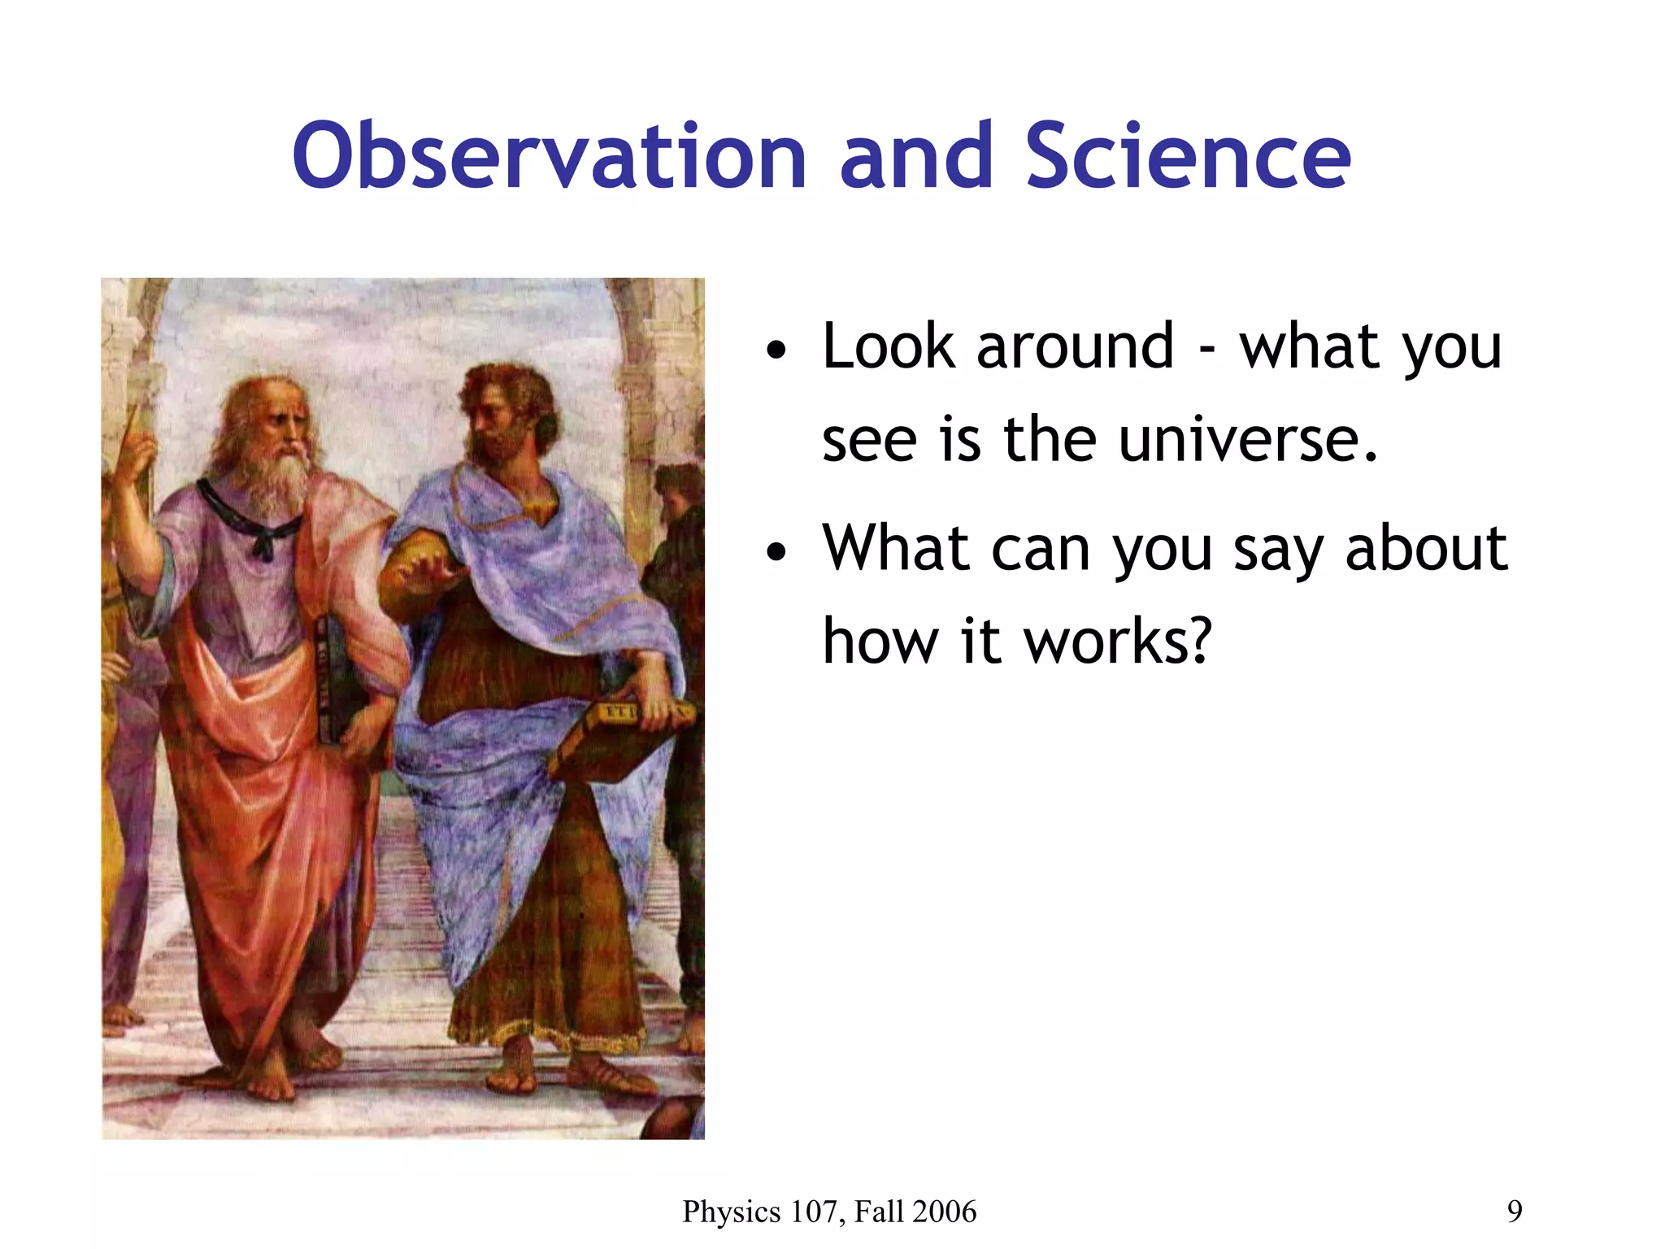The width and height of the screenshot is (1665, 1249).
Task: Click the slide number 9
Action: pos(1515,1212)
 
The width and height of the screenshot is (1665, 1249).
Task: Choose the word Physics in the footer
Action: pos(731,1212)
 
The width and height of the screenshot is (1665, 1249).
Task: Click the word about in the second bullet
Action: pos(1426,549)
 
